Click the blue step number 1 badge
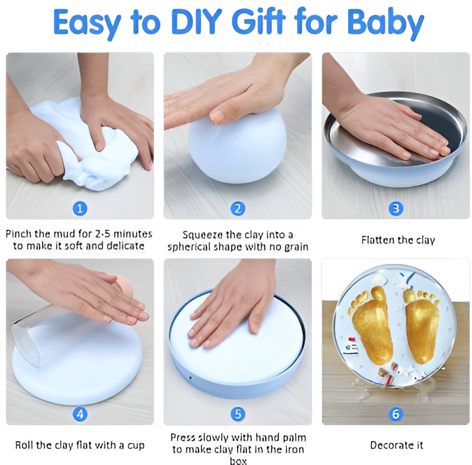pyautogui.click(x=80, y=209)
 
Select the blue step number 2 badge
pyautogui.click(x=238, y=209)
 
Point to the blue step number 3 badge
pyautogui.click(x=396, y=209)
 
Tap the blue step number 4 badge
pyautogui.click(x=80, y=414)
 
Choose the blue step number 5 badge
pyautogui.click(x=238, y=414)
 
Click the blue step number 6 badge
pyautogui.click(x=396, y=414)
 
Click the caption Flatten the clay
pyautogui.click(x=398, y=240)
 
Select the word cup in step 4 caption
pyautogui.click(x=136, y=446)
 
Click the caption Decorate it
pyautogui.click(x=397, y=445)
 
